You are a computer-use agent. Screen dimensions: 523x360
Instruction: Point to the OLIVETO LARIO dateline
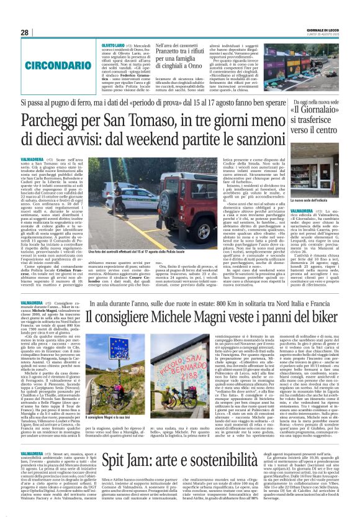click(x=112, y=46)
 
